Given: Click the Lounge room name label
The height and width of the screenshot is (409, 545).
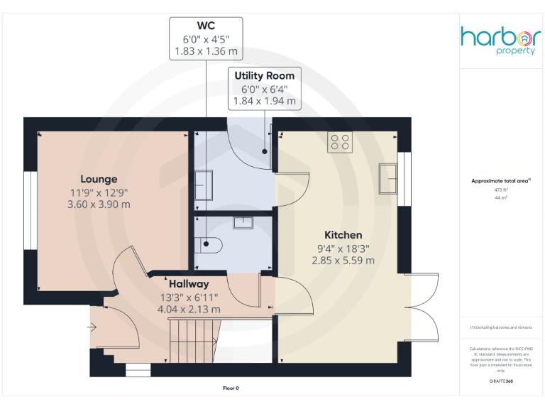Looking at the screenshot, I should click(x=99, y=179).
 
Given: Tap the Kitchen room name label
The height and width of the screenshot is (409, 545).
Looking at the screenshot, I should click(x=343, y=235).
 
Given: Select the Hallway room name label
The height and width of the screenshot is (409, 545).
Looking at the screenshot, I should click(x=189, y=284).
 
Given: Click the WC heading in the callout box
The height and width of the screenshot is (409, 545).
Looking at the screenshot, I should click(x=206, y=26).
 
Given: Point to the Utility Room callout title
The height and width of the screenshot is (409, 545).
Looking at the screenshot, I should click(x=264, y=75).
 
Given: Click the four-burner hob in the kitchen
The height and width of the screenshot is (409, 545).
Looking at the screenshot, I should click(x=340, y=143).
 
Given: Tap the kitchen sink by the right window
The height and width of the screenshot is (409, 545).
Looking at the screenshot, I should click(x=387, y=178).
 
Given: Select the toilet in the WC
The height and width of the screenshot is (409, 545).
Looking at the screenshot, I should click(x=211, y=244).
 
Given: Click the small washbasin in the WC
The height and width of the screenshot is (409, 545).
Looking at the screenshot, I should click(x=243, y=222).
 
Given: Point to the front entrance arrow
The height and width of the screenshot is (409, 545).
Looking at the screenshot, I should click(x=92, y=327).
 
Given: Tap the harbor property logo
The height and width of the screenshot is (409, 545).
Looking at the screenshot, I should click(x=498, y=41).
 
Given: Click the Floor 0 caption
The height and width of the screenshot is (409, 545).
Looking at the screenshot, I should click(x=231, y=388).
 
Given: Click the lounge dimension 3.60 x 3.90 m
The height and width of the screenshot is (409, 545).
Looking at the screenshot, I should click(x=99, y=204).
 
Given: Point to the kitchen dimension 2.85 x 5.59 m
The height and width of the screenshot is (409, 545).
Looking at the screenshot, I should click(x=343, y=260).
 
